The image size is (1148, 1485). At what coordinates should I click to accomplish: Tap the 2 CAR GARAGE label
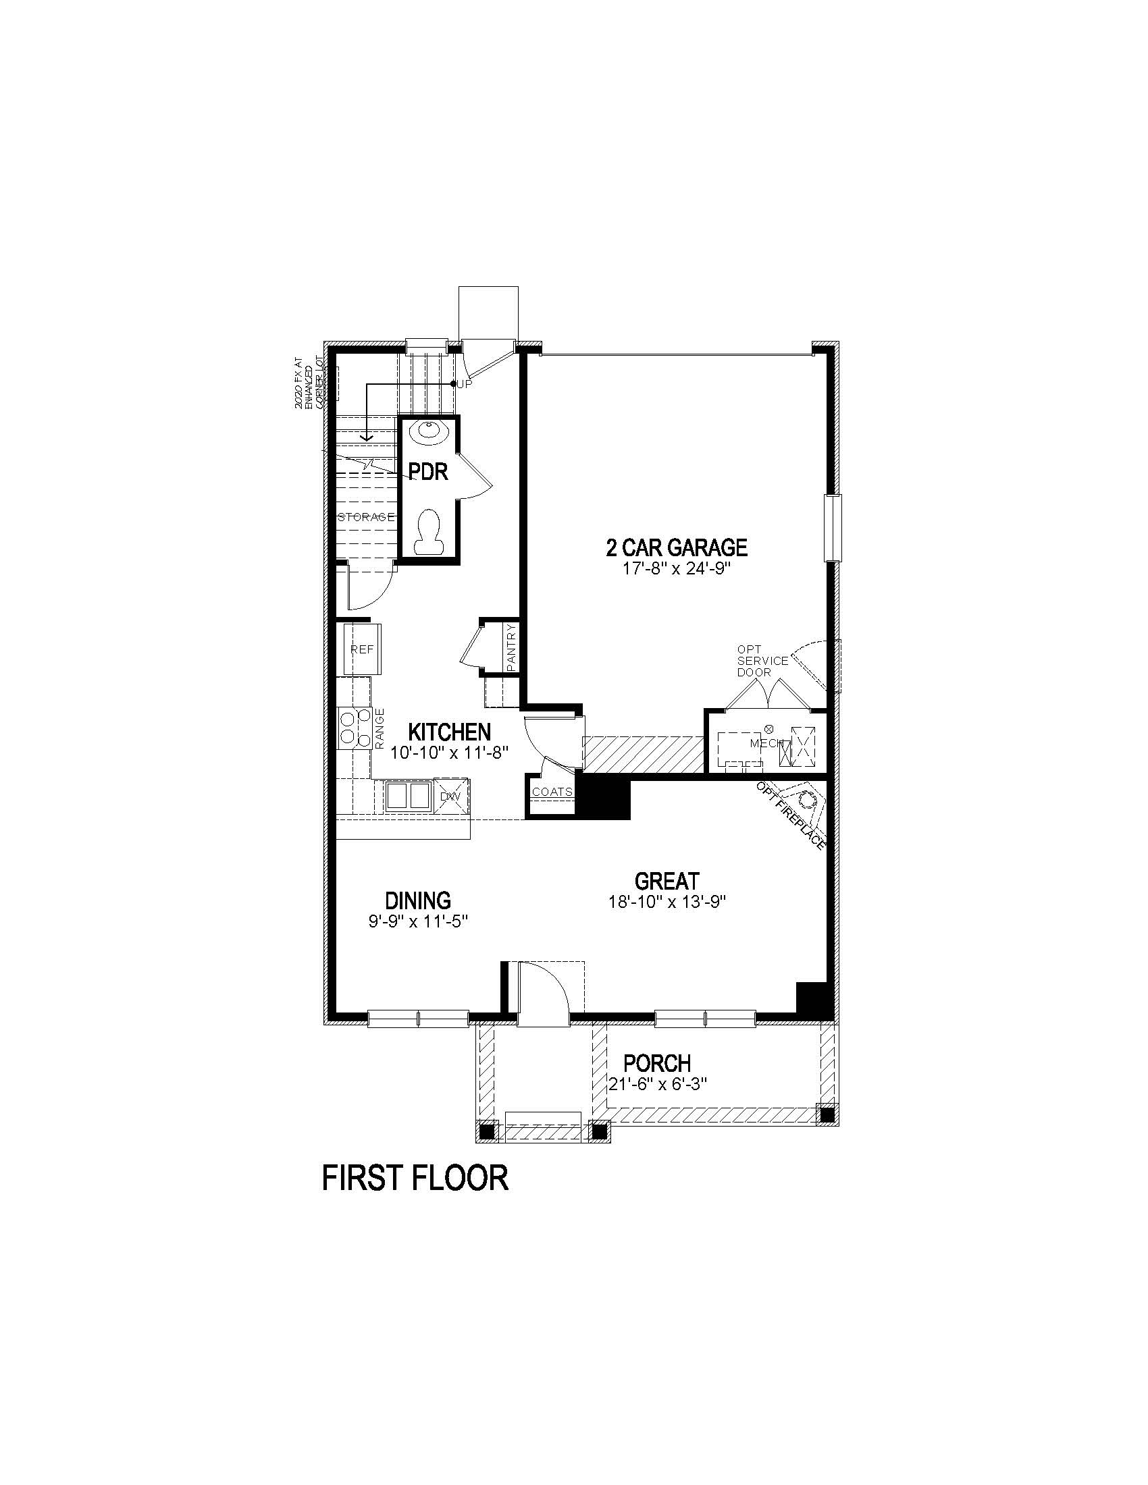pos(677,547)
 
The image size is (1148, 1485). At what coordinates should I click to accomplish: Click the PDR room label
pos(428,471)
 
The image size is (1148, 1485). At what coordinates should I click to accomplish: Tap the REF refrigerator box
pos(362,649)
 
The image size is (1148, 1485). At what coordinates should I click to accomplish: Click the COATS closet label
pos(552,792)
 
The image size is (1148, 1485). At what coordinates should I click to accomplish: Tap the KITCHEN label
pos(450,732)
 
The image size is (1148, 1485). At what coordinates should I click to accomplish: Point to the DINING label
pos(418,900)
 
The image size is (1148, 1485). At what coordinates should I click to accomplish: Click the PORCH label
pos(657,1062)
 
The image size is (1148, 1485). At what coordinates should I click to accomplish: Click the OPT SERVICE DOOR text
pos(762,661)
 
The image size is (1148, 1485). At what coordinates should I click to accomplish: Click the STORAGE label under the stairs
pos(366,517)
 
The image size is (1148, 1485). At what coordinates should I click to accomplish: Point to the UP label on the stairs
pos(465,383)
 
